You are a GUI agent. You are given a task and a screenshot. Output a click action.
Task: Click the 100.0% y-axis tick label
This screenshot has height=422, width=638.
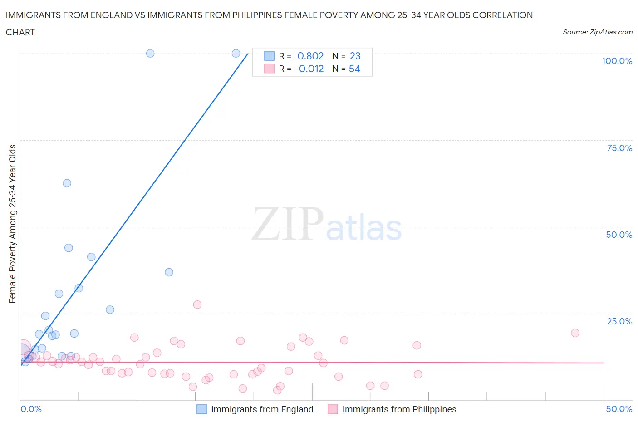click(x=617, y=61)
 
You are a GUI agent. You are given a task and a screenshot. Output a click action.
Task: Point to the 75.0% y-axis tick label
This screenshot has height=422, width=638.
click(x=619, y=148)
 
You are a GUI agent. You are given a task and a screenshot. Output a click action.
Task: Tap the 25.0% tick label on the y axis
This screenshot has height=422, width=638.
click(x=619, y=321)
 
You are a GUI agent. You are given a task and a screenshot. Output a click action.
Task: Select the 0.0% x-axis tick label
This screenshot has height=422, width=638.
click(x=31, y=409)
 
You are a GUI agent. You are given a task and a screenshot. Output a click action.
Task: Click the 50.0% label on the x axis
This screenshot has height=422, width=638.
click(x=619, y=409)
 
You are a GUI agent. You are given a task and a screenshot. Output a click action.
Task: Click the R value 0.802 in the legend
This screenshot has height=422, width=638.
click(x=310, y=56)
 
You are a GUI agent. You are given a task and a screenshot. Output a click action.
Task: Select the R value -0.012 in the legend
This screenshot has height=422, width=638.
click(x=309, y=69)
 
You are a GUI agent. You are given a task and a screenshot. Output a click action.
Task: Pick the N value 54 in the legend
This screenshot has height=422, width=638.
click(x=354, y=69)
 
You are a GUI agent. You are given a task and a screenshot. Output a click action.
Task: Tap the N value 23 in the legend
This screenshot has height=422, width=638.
click(x=355, y=56)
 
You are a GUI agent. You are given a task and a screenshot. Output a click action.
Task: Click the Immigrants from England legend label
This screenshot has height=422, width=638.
click(x=262, y=409)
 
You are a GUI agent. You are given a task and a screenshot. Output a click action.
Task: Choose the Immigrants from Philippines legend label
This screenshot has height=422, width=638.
click(x=399, y=409)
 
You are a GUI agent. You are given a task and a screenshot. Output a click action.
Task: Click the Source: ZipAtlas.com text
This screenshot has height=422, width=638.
click(x=597, y=32)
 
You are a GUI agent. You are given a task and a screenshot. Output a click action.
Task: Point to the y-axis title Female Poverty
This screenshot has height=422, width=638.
click(x=12, y=224)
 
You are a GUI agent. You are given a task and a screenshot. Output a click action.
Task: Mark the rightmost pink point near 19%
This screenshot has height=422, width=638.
click(x=575, y=333)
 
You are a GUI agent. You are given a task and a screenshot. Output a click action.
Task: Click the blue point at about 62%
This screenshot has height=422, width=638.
click(x=67, y=183)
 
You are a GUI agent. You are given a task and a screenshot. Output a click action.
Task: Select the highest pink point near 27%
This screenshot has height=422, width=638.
click(x=197, y=304)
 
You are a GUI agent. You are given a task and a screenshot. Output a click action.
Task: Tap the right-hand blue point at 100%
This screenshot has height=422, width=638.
click(x=236, y=53)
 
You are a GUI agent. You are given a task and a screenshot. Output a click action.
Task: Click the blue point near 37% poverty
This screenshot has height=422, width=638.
click(x=169, y=272)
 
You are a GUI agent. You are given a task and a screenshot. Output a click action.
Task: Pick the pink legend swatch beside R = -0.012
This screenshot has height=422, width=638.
click(x=269, y=69)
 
